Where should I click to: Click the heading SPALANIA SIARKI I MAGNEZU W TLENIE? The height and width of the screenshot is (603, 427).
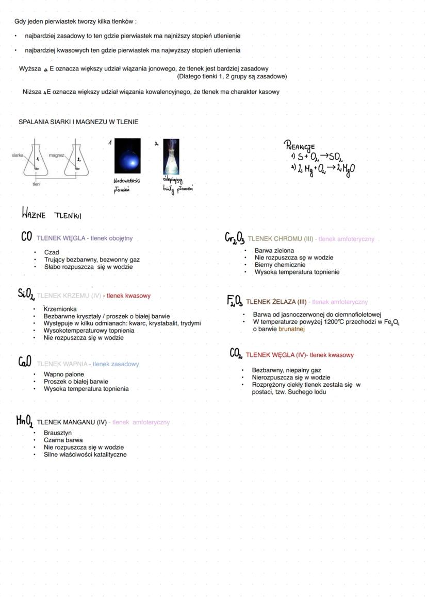tap(78, 122)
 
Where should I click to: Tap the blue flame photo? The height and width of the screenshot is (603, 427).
tap(127, 156)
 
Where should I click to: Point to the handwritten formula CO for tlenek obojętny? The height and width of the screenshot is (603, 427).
tap(27, 237)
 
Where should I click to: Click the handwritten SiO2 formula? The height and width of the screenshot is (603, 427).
tap(26, 294)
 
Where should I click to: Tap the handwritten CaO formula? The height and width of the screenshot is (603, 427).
tap(25, 363)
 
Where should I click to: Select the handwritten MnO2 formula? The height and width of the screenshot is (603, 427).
tap(24, 422)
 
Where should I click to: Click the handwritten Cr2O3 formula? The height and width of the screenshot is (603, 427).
tap(235, 238)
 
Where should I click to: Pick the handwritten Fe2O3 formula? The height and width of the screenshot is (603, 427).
tap(235, 301)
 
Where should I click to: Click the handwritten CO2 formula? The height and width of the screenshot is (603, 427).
tap(236, 354)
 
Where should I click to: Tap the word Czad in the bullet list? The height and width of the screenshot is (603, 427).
tap(52, 252)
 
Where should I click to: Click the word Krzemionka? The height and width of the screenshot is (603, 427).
tap(60, 309)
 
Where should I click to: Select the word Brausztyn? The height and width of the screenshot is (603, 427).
tap(58, 433)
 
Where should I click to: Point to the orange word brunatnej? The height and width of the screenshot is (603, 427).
tap(291, 329)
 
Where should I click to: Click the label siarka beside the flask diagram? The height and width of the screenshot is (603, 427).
tap(18, 154)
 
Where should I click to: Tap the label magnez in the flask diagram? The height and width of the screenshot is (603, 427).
tap(56, 154)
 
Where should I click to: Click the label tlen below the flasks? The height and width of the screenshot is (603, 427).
tap(36, 184)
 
